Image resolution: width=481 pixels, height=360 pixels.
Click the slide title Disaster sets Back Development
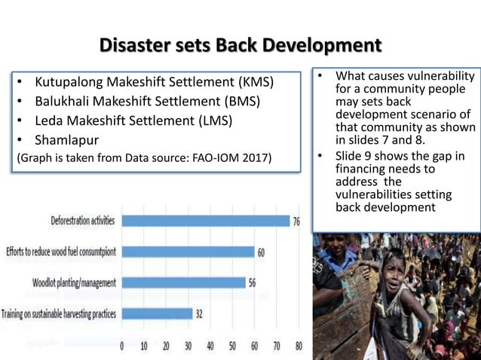pos(240,46)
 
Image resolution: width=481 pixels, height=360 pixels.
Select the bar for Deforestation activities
pos(205,221)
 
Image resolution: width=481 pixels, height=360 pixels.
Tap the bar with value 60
pos(188,252)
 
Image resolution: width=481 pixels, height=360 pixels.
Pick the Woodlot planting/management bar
pos(183,282)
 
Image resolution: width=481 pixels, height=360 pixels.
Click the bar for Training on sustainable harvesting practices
pos(157,313)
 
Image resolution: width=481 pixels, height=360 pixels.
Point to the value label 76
pos(297,221)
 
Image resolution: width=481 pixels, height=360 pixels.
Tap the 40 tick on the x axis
pos(210,347)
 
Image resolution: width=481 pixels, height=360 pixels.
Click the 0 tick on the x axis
pos(123,347)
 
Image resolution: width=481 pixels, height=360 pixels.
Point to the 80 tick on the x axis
pos(299,347)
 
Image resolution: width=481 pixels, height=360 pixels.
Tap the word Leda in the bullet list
pos(49,121)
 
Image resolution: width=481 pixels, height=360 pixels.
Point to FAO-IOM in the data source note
pos(225,158)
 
